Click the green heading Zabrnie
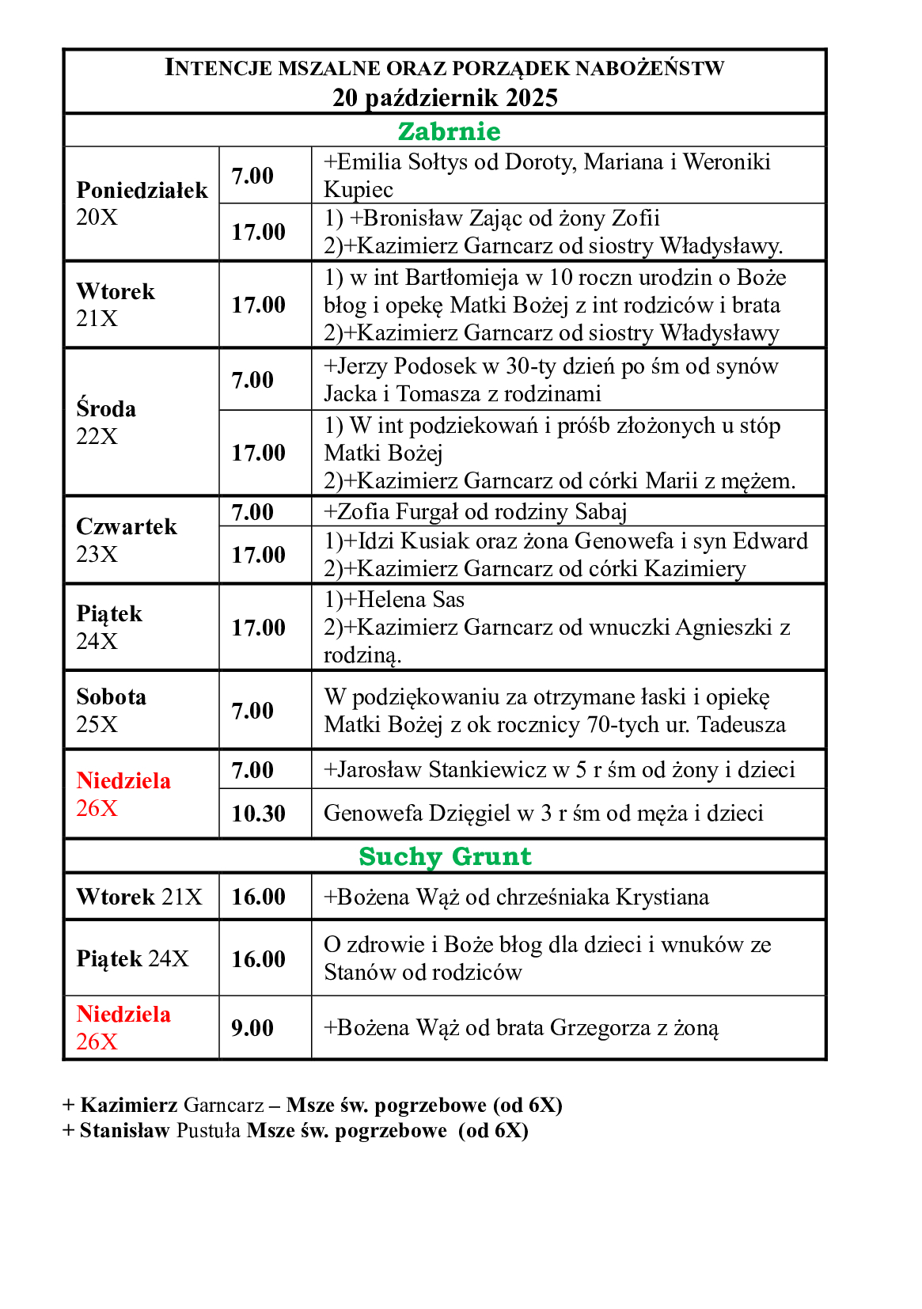(449, 131)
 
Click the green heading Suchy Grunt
(445, 856)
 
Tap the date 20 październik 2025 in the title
(445, 97)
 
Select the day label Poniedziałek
(142, 191)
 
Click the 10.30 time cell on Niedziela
(258, 814)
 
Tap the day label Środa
(106, 409)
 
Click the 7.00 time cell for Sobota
(252, 711)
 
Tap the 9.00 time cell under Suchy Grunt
(252, 1028)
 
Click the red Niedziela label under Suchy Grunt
(123, 1015)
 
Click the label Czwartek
(127, 527)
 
